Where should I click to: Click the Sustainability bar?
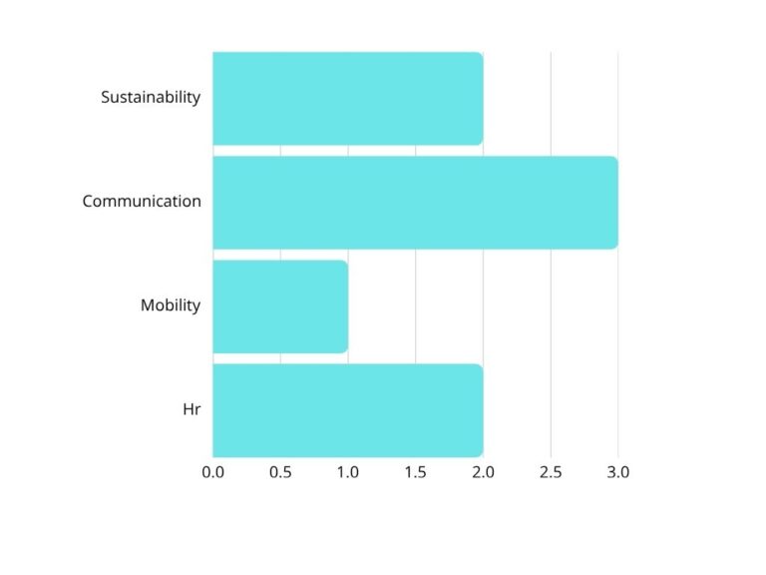click(x=347, y=98)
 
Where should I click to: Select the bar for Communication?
click(x=415, y=202)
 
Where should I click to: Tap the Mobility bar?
click(x=280, y=305)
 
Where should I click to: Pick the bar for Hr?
click(x=347, y=409)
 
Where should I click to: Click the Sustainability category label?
click(x=151, y=98)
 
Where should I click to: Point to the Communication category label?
click(x=142, y=202)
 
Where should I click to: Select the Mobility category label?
click(x=171, y=305)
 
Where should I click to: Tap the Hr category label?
click(x=191, y=409)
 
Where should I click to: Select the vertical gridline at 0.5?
click(x=280, y=150)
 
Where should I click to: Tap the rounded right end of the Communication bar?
click(x=614, y=202)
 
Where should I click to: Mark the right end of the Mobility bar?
click(x=345, y=305)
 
